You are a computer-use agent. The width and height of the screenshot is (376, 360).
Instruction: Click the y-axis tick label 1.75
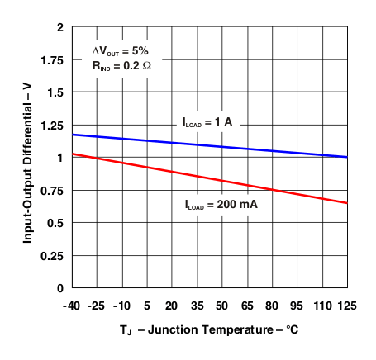(x=50, y=59)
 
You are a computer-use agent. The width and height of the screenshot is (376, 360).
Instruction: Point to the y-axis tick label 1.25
(x=50, y=125)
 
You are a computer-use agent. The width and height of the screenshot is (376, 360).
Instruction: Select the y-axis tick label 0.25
(x=50, y=255)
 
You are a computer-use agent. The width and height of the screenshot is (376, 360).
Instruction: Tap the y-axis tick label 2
(x=59, y=27)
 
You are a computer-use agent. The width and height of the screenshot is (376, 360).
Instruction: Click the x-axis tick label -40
(x=73, y=305)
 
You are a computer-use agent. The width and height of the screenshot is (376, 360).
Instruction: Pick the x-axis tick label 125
(x=346, y=305)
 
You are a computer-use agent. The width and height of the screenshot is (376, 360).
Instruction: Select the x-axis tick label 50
(x=222, y=305)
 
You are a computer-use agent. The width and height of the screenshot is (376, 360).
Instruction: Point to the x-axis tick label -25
(x=98, y=305)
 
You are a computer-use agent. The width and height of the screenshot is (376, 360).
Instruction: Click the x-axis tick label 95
(x=297, y=305)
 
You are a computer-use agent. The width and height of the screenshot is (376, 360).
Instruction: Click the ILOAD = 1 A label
(x=207, y=122)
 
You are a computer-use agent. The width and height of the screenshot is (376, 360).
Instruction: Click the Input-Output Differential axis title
(x=27, y=157)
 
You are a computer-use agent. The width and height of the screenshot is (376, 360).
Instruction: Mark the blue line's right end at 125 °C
(x=346, y=157)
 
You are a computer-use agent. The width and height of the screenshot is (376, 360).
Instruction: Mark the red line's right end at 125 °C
(x=346, y=203)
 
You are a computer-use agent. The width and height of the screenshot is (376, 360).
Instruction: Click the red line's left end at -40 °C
(x=74, y=154)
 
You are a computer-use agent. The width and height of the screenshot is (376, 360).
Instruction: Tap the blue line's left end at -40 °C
(x=74, y=135)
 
